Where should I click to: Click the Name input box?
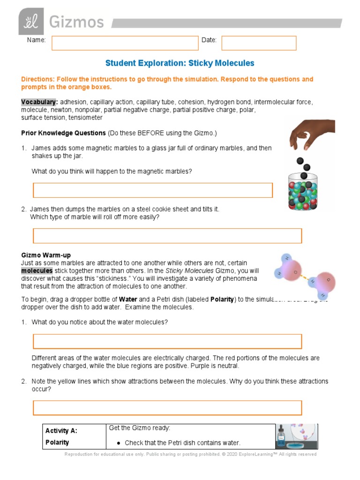click(x=125, y=43)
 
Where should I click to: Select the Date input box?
click(x=259, y=43)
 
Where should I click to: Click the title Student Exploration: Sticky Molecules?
click(x=180, y=63)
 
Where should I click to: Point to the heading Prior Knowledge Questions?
click(x=63, y=133)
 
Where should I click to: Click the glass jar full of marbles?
click(x=302, y=191)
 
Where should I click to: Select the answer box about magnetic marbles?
click(x=153, y=190)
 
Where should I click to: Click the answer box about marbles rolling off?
click(x=167, y=236)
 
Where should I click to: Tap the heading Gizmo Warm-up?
click(x=46, y=255)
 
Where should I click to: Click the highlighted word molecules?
click(x=37, y=271)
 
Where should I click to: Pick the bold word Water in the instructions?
click(x=128, y=300)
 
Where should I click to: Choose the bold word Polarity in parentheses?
click(x=222, y=300)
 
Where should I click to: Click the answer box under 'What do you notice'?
click(x=167, y=341)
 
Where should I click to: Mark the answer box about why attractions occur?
click(x=167, y=408)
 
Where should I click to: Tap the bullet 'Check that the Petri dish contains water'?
click(x=182, y=443)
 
